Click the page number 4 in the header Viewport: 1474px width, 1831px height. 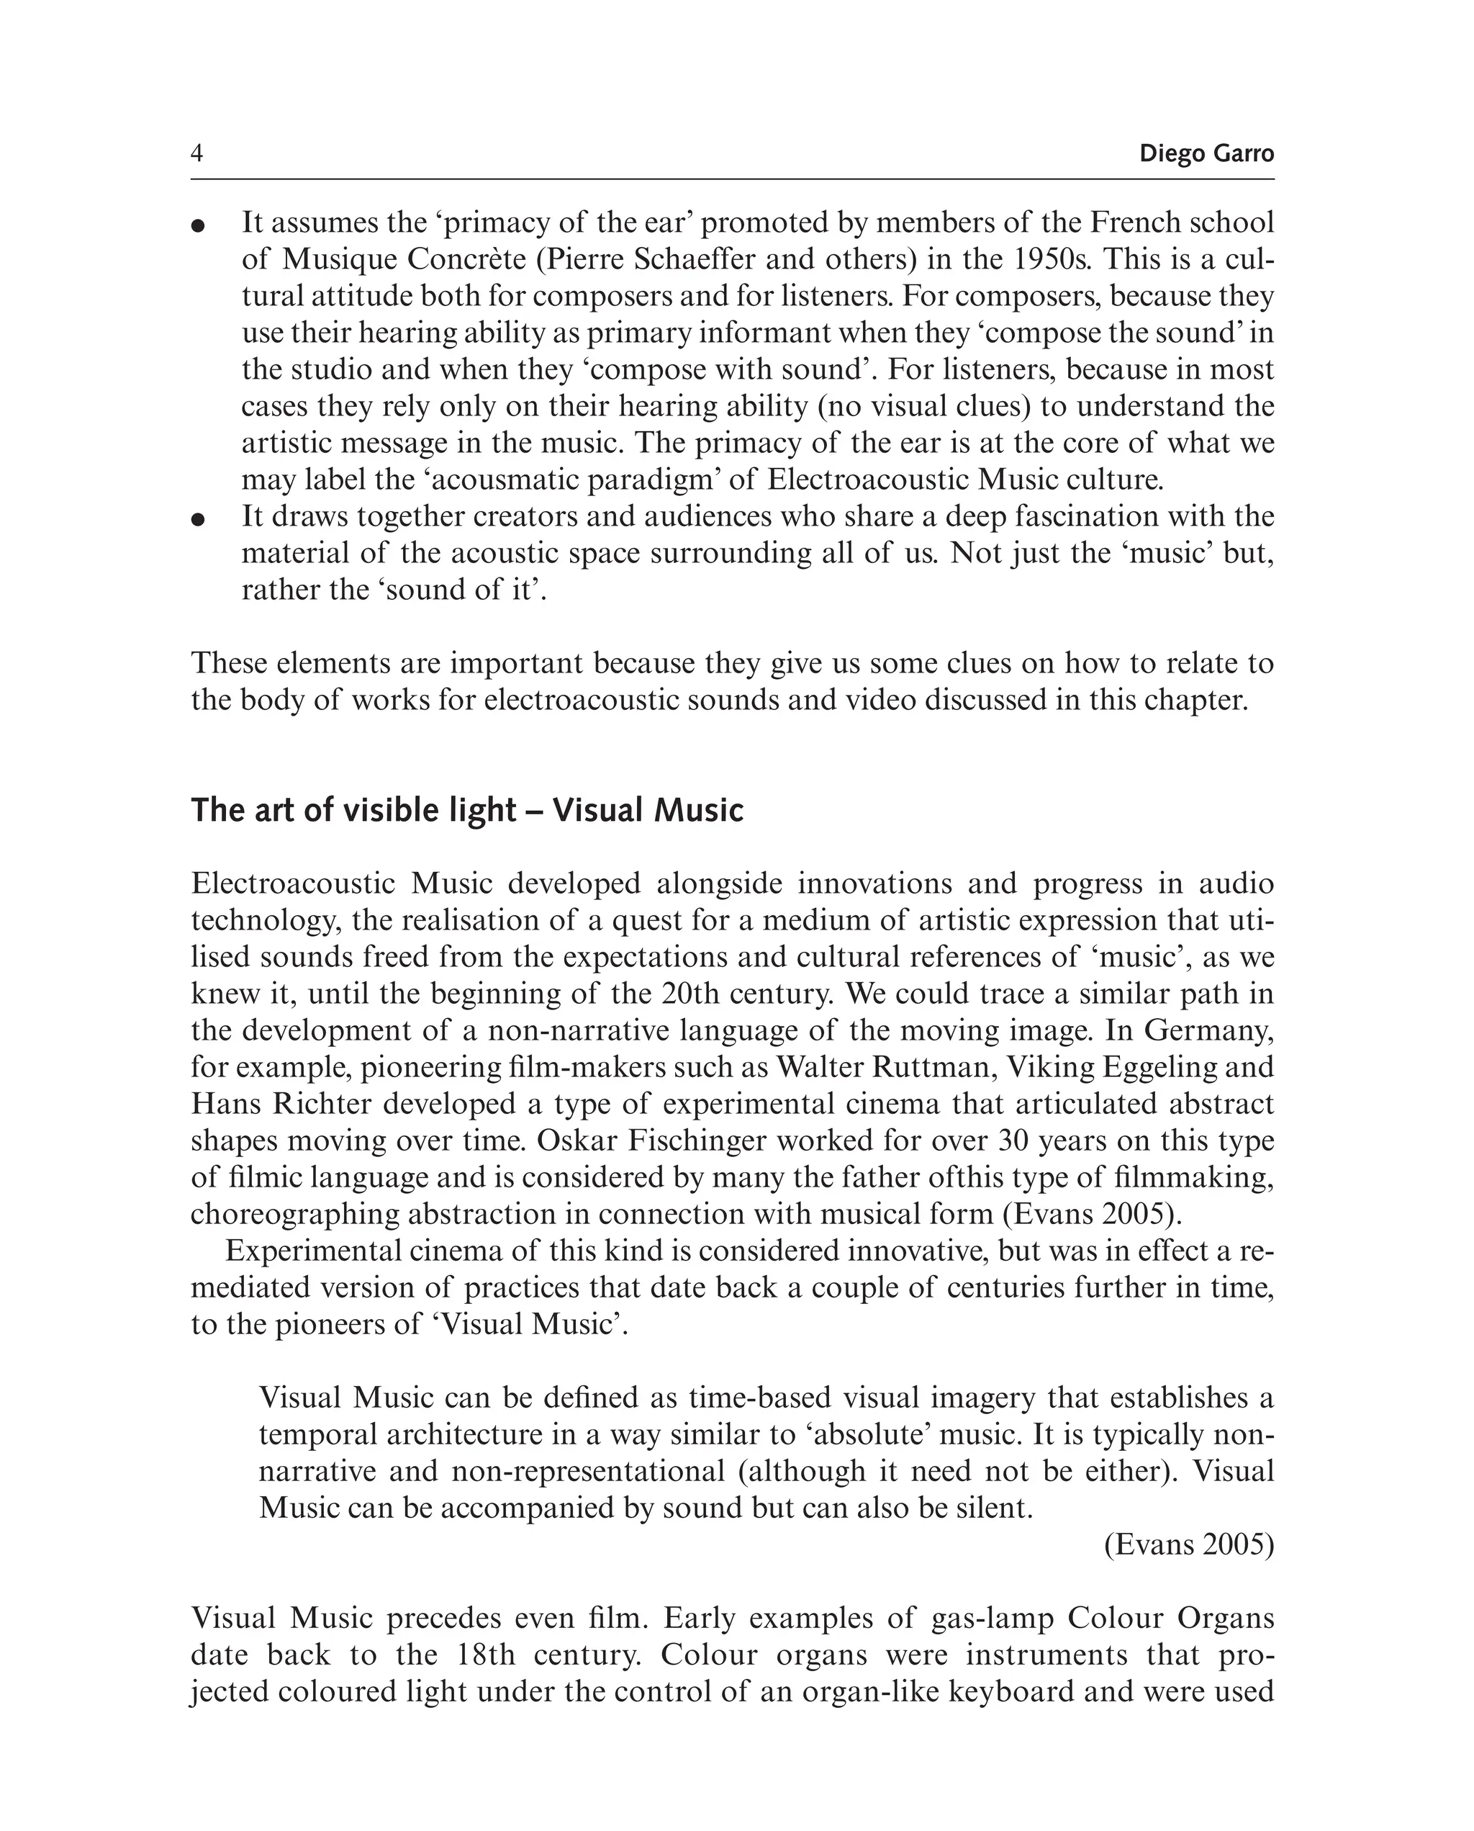click(197, 153)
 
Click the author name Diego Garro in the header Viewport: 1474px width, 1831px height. click(1206, 153)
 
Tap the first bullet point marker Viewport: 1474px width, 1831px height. click(199, 225)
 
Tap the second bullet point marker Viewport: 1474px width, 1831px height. click(199, 519)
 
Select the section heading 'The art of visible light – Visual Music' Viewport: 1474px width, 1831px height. click(466, 810)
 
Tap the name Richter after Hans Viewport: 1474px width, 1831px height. click(322, 1103)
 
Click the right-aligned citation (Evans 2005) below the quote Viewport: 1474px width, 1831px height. click(1189, 1545)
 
